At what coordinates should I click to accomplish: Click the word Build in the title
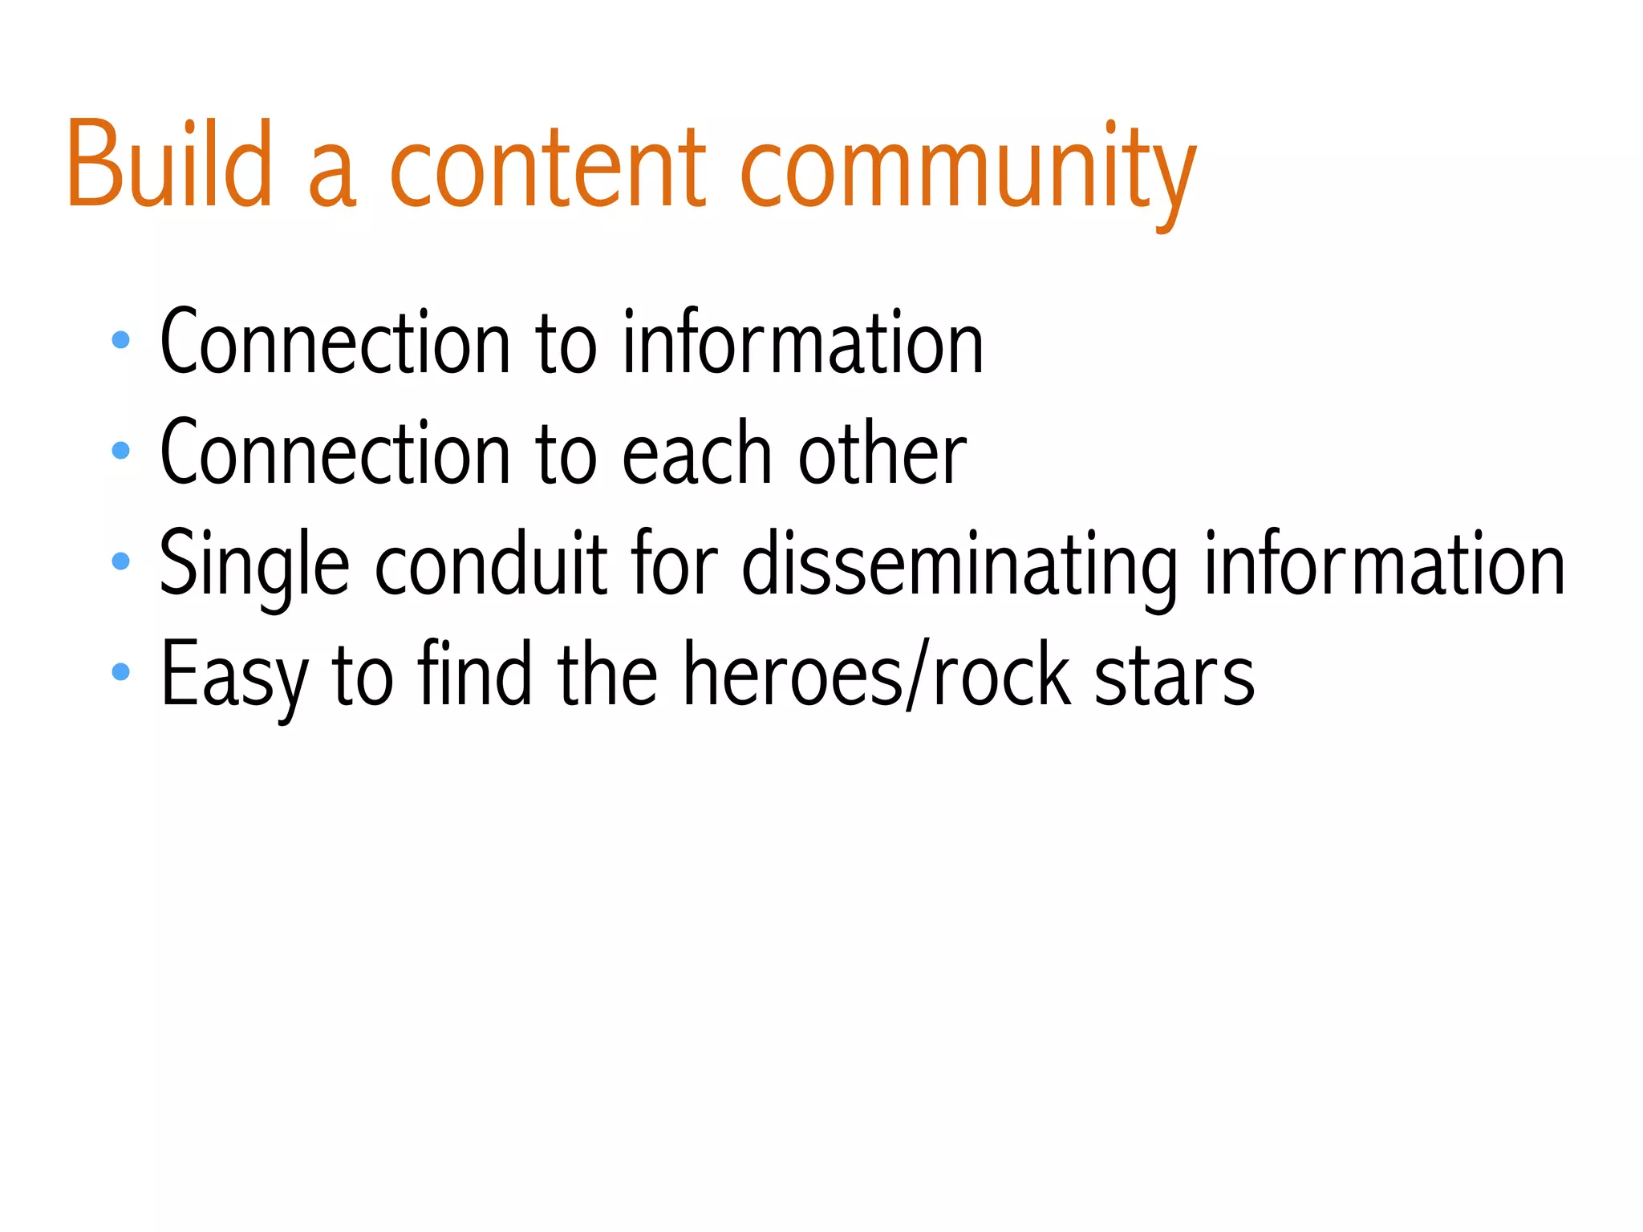170,164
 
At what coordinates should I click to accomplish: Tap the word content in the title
547,168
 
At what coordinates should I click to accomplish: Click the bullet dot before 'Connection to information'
121,340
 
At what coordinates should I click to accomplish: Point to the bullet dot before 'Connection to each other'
121,451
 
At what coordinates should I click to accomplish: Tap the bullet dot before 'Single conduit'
121,561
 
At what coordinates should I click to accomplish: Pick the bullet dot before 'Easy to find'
121,671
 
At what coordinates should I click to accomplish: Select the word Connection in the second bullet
335,454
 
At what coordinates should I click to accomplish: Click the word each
696,454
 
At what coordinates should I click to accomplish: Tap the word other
882,454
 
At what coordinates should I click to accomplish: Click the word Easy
234,676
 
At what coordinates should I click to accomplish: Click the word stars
1174,676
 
